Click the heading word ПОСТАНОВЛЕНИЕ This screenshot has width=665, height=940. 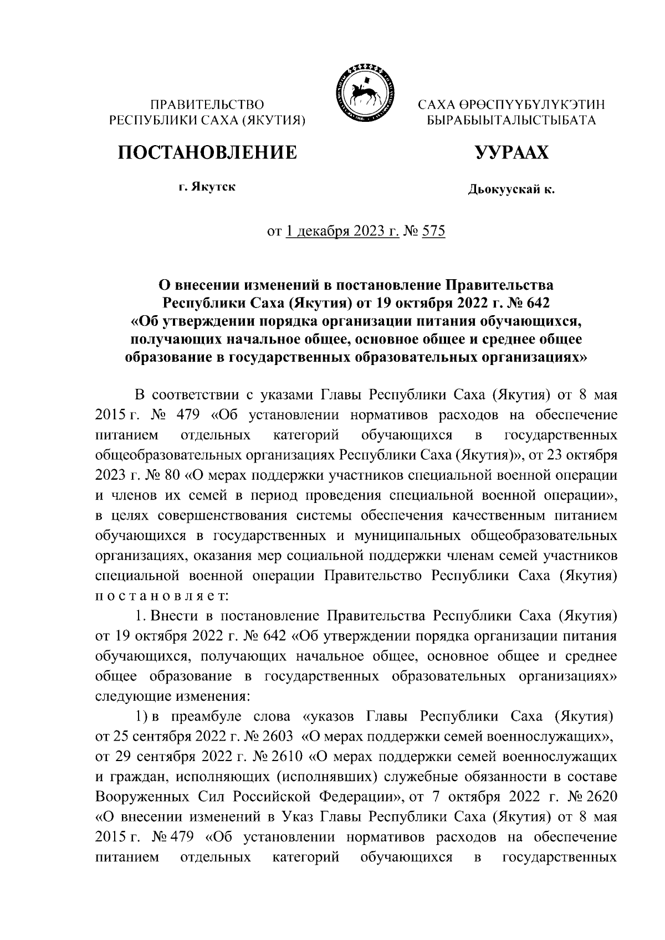tap(207, 152)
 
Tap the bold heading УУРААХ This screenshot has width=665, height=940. tap(511, 152)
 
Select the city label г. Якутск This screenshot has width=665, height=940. tap(207, 187)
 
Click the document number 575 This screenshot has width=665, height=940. tap(433, 232)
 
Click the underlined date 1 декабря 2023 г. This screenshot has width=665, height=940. tap(342, 232)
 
